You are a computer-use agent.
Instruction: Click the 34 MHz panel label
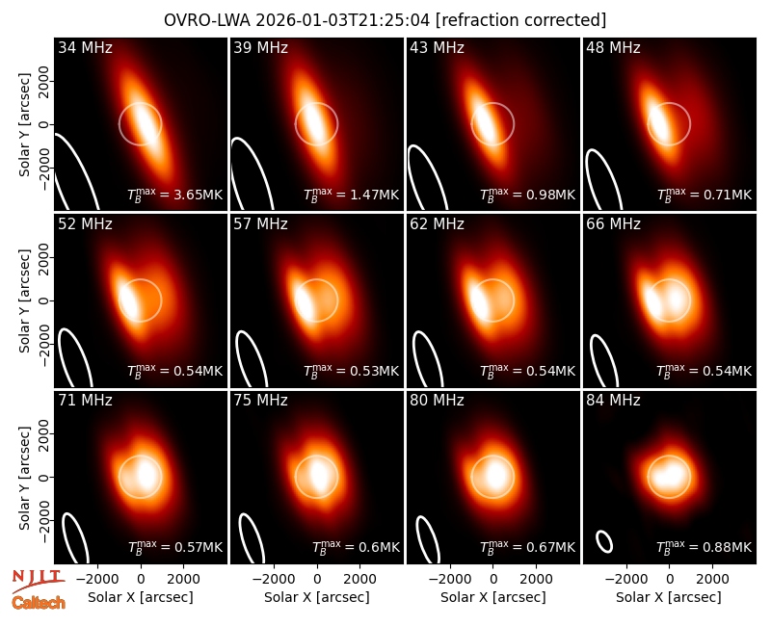point(85,47)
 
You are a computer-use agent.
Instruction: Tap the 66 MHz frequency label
point(613,224)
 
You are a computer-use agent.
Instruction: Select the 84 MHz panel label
point(613,401)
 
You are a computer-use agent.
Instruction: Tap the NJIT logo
point(38,580)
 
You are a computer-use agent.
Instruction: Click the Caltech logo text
point(39,603)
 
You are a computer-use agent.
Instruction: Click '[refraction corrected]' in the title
point(520,20)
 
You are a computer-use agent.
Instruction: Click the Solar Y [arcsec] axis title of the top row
point(24,124)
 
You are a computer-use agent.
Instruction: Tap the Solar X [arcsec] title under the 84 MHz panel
point(669,597)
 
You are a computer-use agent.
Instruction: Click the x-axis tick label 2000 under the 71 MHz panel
point(183,579)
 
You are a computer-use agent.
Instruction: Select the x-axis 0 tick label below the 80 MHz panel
point(493,579)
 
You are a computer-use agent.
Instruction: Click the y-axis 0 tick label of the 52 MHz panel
point(44,300)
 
